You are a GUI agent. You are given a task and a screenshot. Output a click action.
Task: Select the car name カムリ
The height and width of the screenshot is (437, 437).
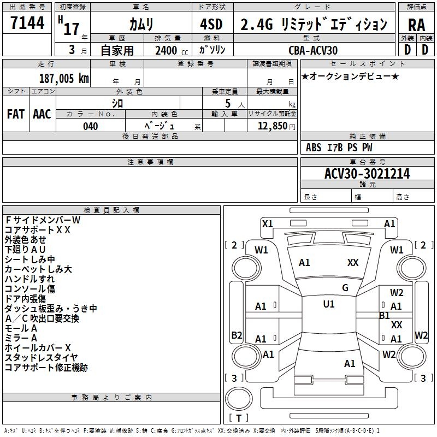(x=141, y=25)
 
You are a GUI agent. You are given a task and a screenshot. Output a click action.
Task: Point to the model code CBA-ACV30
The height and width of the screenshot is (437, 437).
(x=313, y=50)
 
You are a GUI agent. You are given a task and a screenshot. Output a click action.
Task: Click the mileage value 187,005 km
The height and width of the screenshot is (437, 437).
(x=64, y=79)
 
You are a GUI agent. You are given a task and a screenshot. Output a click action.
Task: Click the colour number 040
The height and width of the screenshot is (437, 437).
(x=91, y=126)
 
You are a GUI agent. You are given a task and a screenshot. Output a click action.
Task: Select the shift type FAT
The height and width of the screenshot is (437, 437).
(x=15, y=114)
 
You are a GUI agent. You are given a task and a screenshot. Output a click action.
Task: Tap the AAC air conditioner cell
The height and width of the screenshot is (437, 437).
(x=42, y=114)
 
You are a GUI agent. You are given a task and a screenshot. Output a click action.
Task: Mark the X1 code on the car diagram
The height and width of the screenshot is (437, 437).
(x=267, y=223)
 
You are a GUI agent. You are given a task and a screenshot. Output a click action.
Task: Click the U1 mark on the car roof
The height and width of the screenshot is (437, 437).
(x=328, y=304)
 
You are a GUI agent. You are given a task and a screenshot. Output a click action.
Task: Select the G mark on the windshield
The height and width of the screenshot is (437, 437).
(x=345, y=287)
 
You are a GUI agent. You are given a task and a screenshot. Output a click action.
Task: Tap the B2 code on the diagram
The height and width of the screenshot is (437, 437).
(x=237, y=335)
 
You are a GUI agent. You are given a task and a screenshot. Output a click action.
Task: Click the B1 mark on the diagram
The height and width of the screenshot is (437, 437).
(x=385, y=316)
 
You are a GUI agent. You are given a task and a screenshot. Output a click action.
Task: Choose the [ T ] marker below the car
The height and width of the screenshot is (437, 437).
(x=239, y=418)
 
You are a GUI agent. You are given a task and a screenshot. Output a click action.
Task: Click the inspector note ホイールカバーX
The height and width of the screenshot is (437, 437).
(x=38, y=348)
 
